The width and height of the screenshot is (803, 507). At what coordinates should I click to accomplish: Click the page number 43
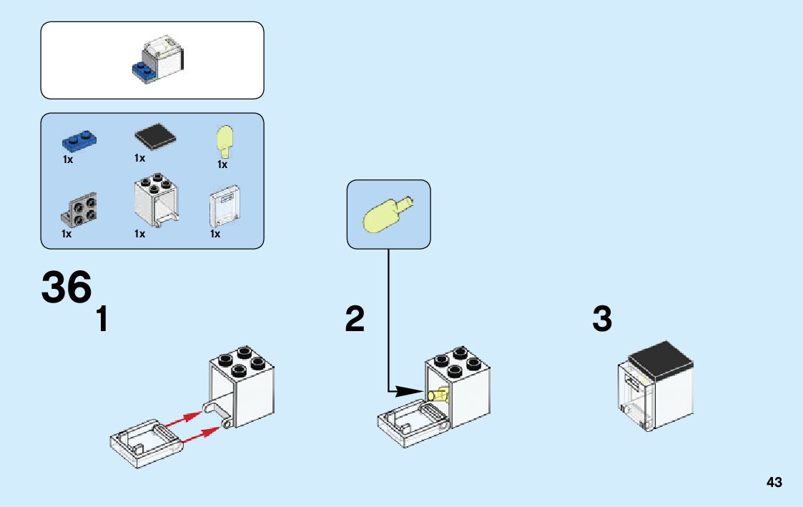pyautogui.click(x=774, y=483)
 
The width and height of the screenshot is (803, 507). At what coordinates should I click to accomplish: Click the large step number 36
pyautogui.click(x=66, y=288)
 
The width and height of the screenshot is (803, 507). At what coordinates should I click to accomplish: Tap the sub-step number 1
pyautogui.click(x=102, y=319)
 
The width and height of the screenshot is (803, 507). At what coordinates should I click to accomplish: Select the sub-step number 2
pyautogui.click(x=355, y=319)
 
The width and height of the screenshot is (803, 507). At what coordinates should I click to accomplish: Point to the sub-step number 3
pyautogui.click(x=602, y=319)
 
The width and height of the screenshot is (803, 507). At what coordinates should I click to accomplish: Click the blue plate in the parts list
pyautogui.click(x=79, y=141)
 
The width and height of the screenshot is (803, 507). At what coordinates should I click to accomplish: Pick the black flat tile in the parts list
pyautogui.click(x=156, y=136)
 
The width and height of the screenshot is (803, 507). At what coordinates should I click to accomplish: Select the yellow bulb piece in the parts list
pyautogui.click(x=225, y=141)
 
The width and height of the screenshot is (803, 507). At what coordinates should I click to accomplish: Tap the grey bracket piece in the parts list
pyautogui.click(x=79, y=210)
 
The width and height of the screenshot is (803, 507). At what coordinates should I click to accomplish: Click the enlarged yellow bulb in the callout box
pyautogui.click(x=387, y=214)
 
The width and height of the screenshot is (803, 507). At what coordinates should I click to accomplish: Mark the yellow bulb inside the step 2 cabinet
pyautogui.click(x=438, y=394)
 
